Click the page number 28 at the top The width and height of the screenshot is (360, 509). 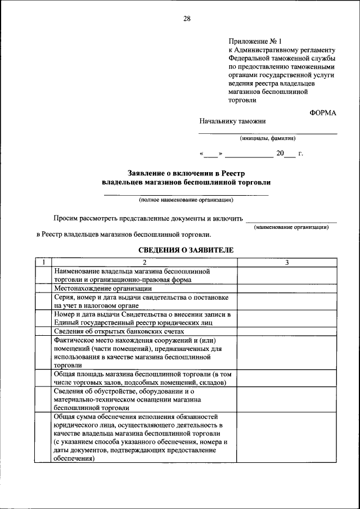187,19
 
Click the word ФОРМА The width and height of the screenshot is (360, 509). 323,112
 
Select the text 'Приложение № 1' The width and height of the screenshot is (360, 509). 254,41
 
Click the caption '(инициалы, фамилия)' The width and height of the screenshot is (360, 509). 267,138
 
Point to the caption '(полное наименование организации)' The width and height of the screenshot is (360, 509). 186,200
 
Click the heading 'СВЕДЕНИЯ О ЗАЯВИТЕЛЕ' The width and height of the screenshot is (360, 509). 186,249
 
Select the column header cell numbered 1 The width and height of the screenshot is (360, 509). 43,263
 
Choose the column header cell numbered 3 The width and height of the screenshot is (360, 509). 287,263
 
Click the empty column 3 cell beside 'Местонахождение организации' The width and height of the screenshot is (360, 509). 287,288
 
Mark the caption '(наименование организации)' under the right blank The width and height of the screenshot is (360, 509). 291,227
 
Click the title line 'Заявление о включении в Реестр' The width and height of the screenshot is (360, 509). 186,173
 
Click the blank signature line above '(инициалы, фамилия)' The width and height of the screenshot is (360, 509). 267,133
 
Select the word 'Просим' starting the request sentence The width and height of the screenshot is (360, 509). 65,218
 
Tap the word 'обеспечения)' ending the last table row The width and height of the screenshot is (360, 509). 74,458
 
